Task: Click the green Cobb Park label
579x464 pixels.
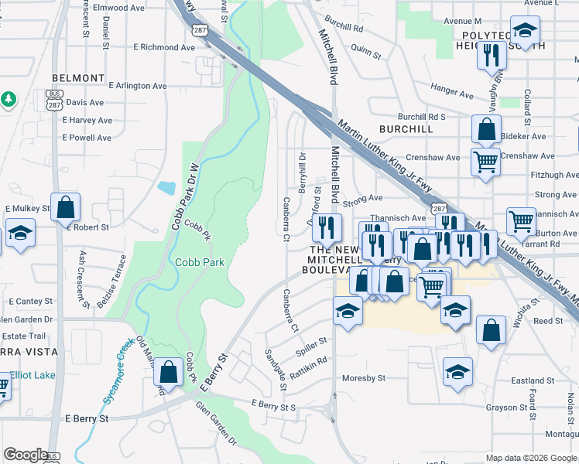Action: click(199, 262)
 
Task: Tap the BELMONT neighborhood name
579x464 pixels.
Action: click(77, 78)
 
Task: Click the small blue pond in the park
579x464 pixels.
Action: click(166, 187)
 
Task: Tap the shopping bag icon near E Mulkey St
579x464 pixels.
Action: click(66, 207)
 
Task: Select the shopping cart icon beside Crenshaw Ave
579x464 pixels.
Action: click(485, 162)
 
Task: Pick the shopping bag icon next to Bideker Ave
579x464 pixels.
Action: click(486, 128)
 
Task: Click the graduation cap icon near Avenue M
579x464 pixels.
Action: click(525, 31)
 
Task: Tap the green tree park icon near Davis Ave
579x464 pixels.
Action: click(8, 100)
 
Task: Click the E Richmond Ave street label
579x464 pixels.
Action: click(164, 47)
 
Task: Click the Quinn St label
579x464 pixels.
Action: click(365, 51)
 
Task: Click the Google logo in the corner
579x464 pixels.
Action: click(26, 455)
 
